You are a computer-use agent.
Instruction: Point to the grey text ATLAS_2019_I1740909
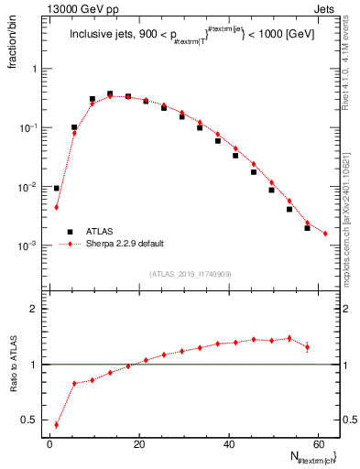pyautogui.click(x=190, y=274)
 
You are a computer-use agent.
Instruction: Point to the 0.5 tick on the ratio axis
pyautogui.click(x=33, y=420)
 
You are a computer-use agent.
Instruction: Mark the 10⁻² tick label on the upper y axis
pyautogui.click(x=31, y=187)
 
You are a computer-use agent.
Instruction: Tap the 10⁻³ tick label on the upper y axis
pyautogui.click(x=31, y=245)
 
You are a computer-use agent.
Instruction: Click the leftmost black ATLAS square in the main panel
pyautogui.click(x=57, y=188)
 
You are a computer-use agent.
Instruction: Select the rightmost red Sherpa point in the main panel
pyautogui.click(x=325, y=234)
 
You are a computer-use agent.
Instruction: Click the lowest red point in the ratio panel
pyautogui.click(x=57, y=425)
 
